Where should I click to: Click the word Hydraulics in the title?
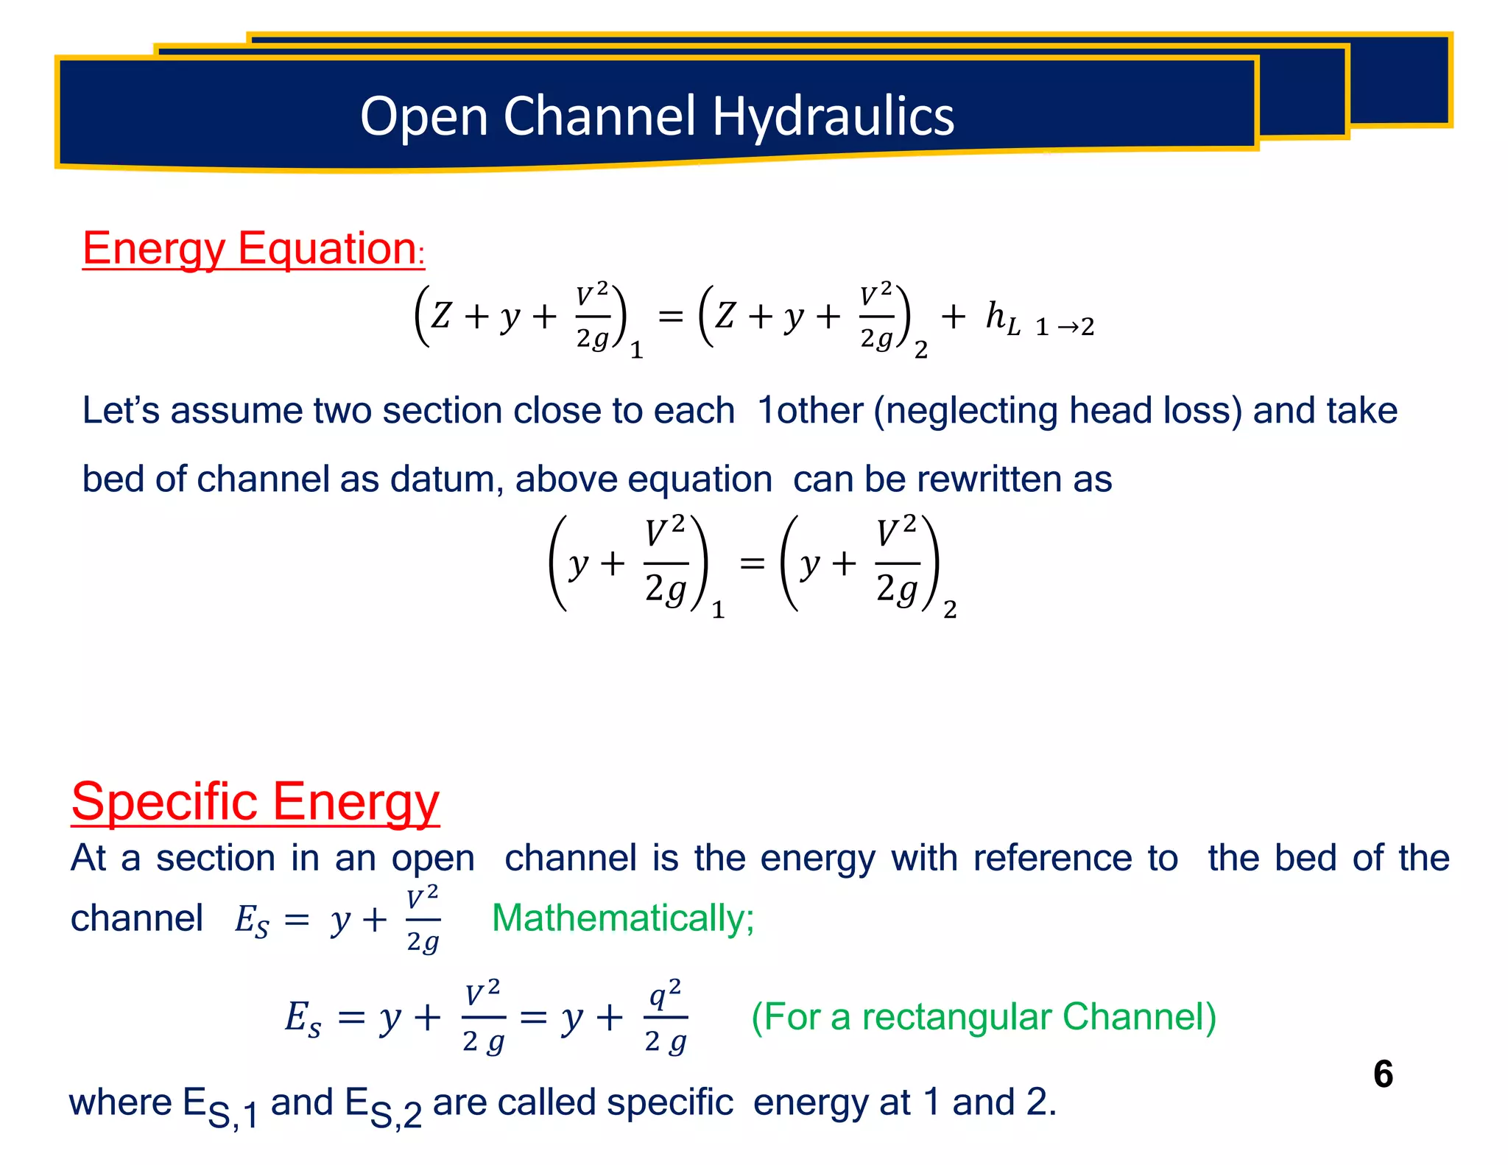pyautogui.click(x=833, y=116)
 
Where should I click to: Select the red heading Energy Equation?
pyautogui.click(x=250, y=248)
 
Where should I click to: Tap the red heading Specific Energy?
pyautogui.click(x=255, y=801)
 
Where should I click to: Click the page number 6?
pyautogui.click(x=1383, y=1074)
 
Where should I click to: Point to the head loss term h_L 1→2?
pyautogui.click(x=1039, y=320)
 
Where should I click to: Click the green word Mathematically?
pyautogui.click(x=623, y=918)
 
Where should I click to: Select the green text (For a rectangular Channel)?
pyautogui.click(x=983, y=1017)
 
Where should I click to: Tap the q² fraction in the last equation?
pyautogui.click(x=666, y=1018)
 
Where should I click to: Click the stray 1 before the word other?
pyautogui.click(x=766, y=411)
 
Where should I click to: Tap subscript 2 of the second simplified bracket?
pyautogui.click(x=950, y=610)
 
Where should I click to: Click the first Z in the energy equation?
pyautogui.click(x=440, y=317)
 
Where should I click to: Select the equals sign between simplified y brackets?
pyautogui.click(x=752, y=564)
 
